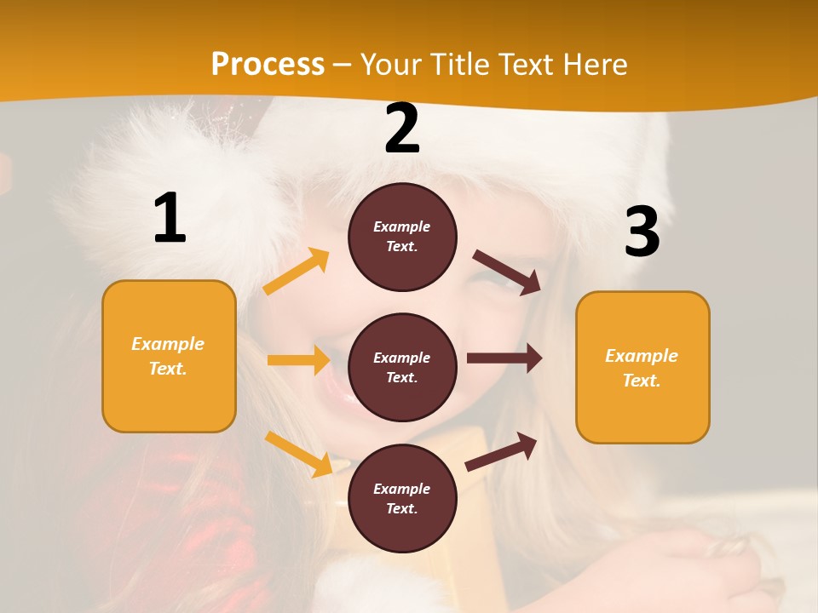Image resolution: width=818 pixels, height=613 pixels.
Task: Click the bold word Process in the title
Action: (x=268, y=64)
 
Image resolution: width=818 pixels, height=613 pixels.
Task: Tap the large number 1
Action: (x=170, y=218)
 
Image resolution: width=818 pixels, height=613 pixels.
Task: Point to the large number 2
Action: (x=402, y=129)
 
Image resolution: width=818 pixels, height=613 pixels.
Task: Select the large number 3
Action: (x=642, y=232)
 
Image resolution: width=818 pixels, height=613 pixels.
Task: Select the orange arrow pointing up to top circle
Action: (x=296, y=272)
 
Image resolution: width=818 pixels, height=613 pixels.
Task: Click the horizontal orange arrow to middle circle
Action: (x=298, y=360)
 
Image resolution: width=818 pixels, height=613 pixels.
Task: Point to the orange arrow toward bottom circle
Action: (x=298, y=453)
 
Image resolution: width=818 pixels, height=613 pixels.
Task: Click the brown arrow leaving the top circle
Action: (x=507, y=272)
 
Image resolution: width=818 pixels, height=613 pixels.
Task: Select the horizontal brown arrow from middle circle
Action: (x=504, y=358)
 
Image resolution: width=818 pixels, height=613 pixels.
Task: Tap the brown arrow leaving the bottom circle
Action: (x=502, y=451)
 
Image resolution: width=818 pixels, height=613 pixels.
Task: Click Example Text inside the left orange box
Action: (x=168, y=356)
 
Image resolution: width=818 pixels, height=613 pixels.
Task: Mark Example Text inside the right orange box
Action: (x=642, y=368)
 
